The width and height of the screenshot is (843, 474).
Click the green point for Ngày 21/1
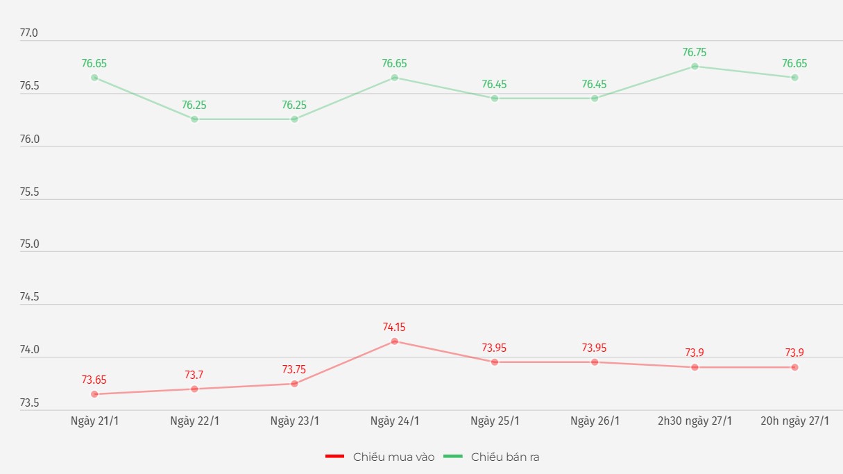click(94, 78)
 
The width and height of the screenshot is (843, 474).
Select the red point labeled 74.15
click(395, 341)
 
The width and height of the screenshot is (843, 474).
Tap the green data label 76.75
click(695, 52)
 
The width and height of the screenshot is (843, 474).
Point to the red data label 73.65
click(94, 380)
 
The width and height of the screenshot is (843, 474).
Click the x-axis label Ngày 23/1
click(295, 421)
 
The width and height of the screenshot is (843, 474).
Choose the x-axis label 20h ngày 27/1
click(794, 421)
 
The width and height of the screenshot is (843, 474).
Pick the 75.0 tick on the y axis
click(29, 244)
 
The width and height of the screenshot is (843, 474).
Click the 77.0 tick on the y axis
click(29, 33)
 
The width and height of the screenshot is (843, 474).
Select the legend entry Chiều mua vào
click(380, 457)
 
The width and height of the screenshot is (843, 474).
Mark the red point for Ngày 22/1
click(194, 389)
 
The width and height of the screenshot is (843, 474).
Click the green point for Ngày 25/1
click(495, 99)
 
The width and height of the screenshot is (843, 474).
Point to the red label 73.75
click(294, 369)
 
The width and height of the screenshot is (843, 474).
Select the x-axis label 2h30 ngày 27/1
click(695, 421)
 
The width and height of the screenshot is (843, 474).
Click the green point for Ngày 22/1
click(194, 119)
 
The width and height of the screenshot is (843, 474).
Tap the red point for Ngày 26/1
click(595, 362)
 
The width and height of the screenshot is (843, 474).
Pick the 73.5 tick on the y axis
click(29, 403)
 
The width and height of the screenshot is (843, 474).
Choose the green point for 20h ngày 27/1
click(794, 78)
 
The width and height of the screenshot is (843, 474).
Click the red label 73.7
click(194, 375)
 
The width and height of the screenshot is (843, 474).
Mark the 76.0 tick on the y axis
click(29, 139)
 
